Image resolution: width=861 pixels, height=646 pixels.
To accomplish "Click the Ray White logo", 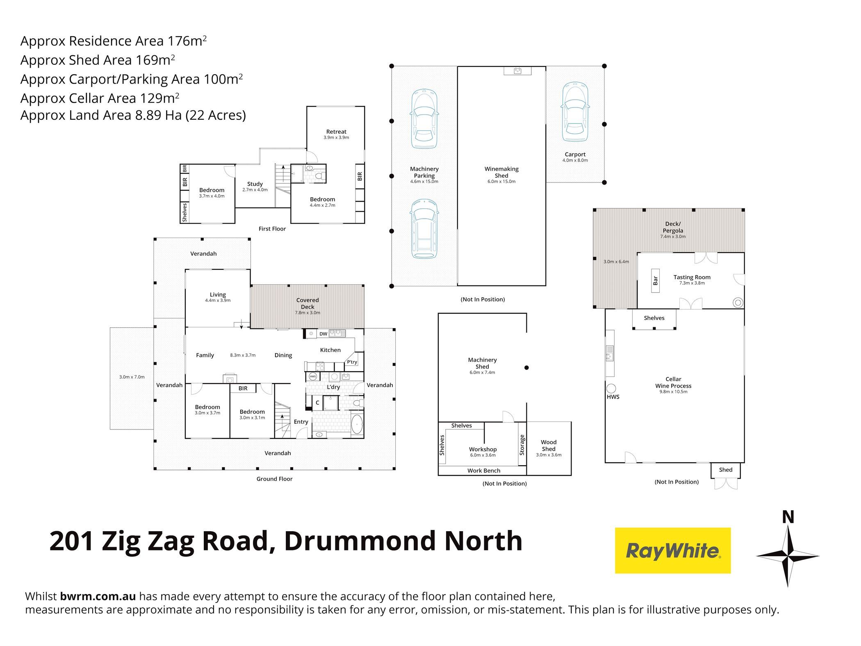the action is coord(672,550).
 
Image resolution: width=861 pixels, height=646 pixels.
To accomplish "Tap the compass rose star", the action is coord(788,556).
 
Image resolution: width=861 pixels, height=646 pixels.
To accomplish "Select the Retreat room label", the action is coord(336,132).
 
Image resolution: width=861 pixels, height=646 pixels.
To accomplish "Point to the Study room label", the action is coord(255,184).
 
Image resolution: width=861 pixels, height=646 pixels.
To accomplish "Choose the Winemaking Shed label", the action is coord(501,172).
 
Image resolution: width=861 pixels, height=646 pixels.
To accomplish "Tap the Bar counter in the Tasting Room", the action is coord(655,281).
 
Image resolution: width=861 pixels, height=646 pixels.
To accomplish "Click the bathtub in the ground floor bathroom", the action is coord(357,424).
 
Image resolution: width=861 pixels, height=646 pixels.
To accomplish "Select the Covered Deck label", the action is coord(307,304).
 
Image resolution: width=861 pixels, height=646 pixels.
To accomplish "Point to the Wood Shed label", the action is coord(549,445).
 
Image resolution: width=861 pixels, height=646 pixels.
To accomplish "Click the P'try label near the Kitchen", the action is coord(352,362).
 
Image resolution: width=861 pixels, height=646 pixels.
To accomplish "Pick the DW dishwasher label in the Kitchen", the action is coord(323,334).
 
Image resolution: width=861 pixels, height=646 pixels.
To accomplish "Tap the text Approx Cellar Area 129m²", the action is coord(100,98).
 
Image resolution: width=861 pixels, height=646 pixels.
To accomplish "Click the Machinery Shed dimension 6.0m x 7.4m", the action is coord(482,372).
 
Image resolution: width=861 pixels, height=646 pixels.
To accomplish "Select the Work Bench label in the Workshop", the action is coord(484,470).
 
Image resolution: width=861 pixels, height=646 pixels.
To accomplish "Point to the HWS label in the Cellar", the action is coord(613,397).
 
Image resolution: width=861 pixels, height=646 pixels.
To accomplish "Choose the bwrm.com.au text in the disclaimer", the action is coord(98,596).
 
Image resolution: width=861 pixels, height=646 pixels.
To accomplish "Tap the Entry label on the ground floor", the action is coord(301,422).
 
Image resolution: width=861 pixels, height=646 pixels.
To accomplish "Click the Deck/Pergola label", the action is coord(672,227).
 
